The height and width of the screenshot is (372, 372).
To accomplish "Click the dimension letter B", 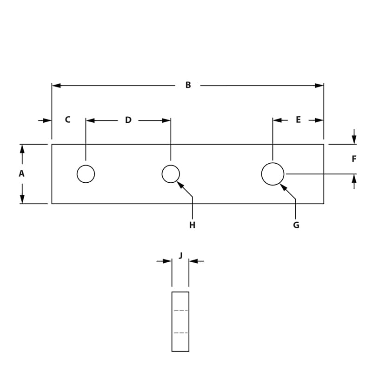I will [188, 85].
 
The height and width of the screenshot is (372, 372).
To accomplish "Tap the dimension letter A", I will [21, 173].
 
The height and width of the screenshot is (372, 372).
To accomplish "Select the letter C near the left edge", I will [67, 120].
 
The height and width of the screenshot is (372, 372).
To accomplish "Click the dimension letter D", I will [128, 120].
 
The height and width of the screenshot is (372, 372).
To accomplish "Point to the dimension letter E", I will [298, 120].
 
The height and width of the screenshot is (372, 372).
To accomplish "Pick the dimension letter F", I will [354, 159].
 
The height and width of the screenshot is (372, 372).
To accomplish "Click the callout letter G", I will [296, 226].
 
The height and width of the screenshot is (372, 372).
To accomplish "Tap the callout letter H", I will [192, 226].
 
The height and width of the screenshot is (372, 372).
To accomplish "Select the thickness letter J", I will [180, 255].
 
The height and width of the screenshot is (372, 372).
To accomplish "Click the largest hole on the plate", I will [272, 174].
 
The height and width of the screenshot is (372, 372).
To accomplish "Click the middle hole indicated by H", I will [171, 174].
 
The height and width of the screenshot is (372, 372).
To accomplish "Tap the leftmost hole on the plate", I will [86, 174].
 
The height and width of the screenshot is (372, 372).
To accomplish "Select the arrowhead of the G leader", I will [282, 186].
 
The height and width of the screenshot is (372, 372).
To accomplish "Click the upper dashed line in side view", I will [180, 310].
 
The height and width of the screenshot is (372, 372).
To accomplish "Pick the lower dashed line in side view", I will [180, 332].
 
